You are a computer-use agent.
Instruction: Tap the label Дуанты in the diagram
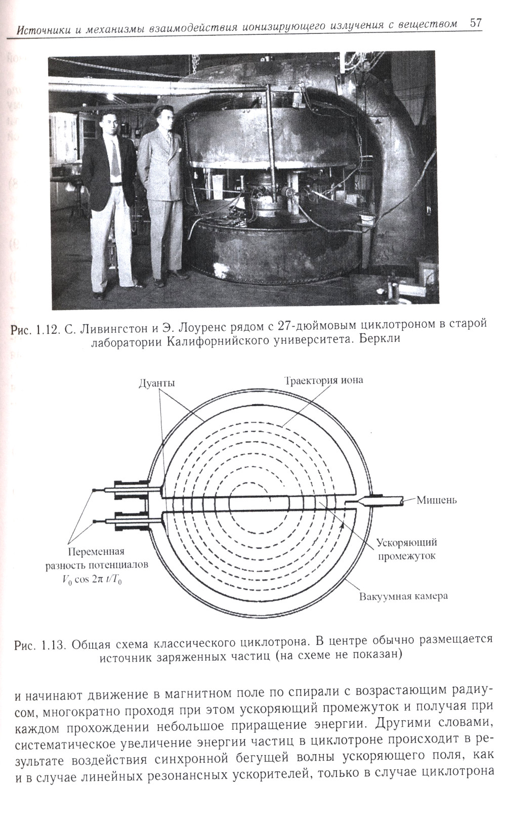[157, 383]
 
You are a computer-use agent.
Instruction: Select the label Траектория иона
[323, 380]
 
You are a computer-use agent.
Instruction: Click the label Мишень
[437, 500]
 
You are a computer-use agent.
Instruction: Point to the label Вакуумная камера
[403, 595]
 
